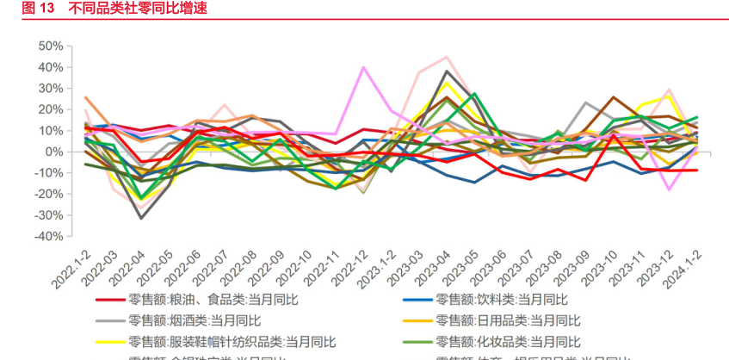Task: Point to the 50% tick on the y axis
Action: point(49,46)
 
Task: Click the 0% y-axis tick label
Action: point(53,152)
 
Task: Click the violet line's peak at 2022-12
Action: point(363,66)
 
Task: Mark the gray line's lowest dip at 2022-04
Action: point(141,218)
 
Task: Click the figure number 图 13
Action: point(38,9)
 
